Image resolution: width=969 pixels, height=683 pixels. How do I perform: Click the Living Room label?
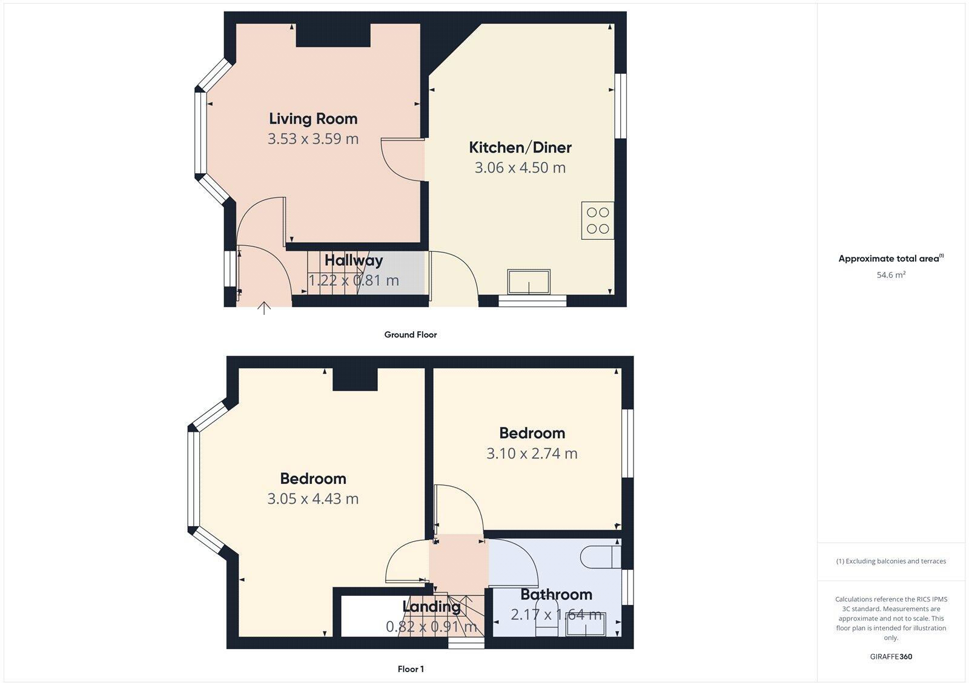pos(313,119)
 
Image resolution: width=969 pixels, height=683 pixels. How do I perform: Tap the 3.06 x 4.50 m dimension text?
pos(520,168)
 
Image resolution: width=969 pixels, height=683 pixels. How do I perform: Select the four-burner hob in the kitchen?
pos(597,220)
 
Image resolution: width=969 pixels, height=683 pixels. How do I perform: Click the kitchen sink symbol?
pos(529,282)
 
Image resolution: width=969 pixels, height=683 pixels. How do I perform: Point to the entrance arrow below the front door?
pos(264,308)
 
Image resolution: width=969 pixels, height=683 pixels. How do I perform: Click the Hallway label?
pos(354,260)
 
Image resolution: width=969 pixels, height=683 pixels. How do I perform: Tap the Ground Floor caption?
pos(410,334)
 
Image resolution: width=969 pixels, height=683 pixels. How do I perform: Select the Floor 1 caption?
pos(411,669)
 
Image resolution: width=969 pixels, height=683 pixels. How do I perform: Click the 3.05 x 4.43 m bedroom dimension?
pos(313,499)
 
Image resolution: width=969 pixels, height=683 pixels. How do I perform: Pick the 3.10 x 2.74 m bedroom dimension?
pos(532,454)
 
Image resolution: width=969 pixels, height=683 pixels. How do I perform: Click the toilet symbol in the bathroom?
pos(600,556)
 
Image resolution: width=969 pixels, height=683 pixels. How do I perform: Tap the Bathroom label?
pos(556,595)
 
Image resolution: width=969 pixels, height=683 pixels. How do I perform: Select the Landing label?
pos(431,606)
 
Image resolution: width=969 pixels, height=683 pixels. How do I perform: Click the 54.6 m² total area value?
pos(891,275)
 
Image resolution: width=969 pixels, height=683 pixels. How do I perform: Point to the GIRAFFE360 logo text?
pos(891,656)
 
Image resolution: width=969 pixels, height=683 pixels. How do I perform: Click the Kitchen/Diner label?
pos(520,147)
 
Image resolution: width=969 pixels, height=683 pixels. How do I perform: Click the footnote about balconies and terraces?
pos(891,561)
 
